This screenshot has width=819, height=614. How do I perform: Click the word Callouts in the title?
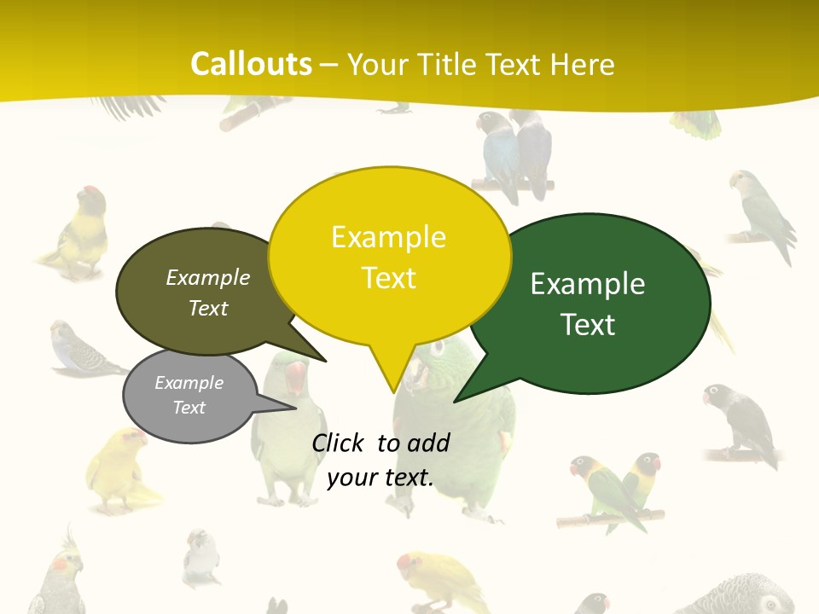(x=251, y=64)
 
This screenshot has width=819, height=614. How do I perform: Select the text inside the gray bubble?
(x=189, y=395)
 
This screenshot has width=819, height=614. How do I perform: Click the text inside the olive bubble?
(x=208, y=293)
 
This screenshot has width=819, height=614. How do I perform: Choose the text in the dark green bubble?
(x=588, y=304)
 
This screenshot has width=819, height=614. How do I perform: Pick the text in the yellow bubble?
(x=389, y=258)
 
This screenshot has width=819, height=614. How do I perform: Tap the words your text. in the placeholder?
(x=380, y=478)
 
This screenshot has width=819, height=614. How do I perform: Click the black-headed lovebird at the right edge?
(x=740, y=424)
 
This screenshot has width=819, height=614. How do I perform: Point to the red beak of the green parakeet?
(x=295, y=376)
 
